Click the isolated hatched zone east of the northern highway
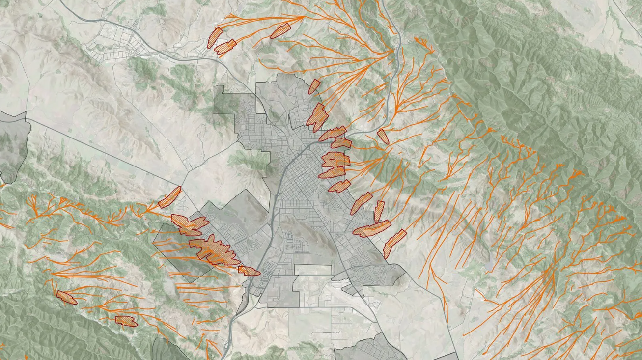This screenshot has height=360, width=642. coord(383,136)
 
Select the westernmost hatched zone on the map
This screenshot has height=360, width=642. coord(66,297)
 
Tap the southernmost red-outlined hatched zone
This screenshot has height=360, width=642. coord(125,321)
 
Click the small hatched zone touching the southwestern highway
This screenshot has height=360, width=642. coord(249,270)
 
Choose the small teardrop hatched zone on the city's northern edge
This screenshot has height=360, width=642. coord(314,86)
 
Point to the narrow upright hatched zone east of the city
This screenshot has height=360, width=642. coord(379,211)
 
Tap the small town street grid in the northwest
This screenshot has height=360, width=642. coord(118,44)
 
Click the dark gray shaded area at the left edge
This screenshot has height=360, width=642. coord(12,147)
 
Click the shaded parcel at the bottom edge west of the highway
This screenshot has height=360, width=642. coord(167,350)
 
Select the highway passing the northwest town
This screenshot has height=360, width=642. coord(162,54)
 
